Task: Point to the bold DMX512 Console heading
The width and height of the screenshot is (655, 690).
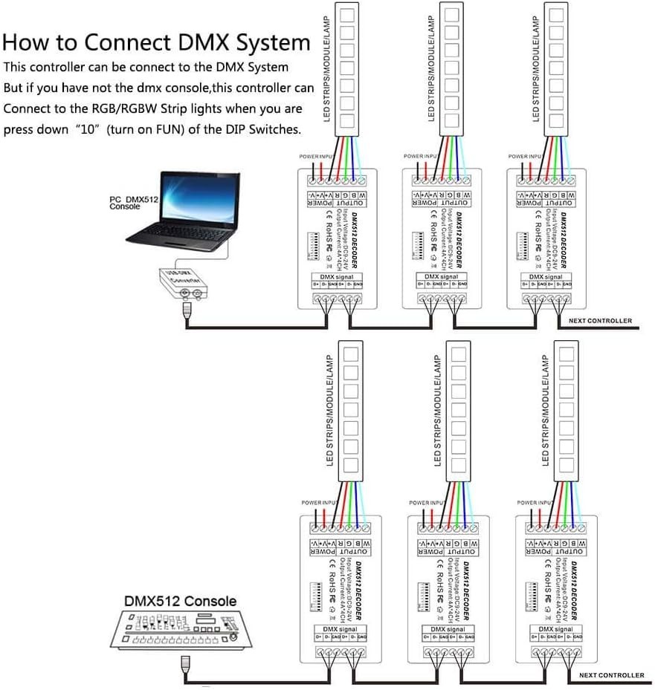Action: pyautogui.click(x=181, y=601)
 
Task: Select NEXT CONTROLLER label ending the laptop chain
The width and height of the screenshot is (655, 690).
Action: pyautogui.click(x=599, y=321)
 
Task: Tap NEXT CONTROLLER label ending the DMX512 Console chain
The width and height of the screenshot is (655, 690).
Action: pyautogui.click(x=612, y=675)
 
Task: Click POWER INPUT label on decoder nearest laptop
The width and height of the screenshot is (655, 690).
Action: pyautogui.click(x=314, y=157)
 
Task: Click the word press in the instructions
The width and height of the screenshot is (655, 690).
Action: pyautogui.click(x=21, y=128)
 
